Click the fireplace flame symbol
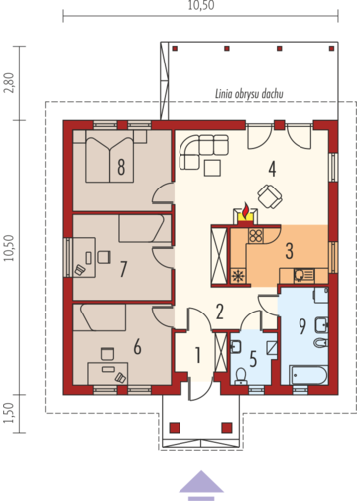(x=245, y=211)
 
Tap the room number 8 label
(x=121, y=167)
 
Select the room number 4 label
(x=272, y=169)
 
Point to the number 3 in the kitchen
(x=289, y=251)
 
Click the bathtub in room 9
(x=309, y=375)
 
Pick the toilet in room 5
(x=240, y=376)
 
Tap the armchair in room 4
(x=270, y=196)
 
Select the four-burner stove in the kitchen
(x=256, y=236)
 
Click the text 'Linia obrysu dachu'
(x=249, y=94)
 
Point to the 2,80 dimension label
(x=10, y=82)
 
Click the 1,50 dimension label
(x=10, y=413)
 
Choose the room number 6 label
(x=137, y=347)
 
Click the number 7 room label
(x=123, y=269)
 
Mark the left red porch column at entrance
(x=175, y=428)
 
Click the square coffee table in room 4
(x=212, y=168)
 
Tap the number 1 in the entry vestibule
(x=198, y=355)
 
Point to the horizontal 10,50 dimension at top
(x=201, y=5)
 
